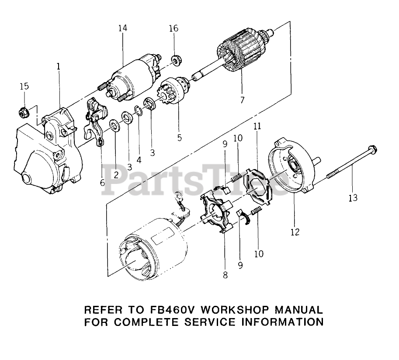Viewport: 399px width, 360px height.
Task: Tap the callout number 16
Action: pyautogui.click(x=173, y=28)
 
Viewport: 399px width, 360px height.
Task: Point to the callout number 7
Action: pyautogui.click(x=242, y=100)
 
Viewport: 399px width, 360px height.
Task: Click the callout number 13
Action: pyautogui.click(x=353, y=198)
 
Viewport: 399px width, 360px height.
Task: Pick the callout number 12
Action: pyautogui.click(x=295, y=232)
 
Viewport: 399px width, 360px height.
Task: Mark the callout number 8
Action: pyautogui.click(x=225, y=275)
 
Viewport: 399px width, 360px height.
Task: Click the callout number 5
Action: pyautogui.click(x=179, y=138)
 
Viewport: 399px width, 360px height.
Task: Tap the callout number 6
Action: pyautogui.click(x=102, y=182)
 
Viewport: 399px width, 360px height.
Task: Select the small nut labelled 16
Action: pyautogui.click(x=177, y=59)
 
